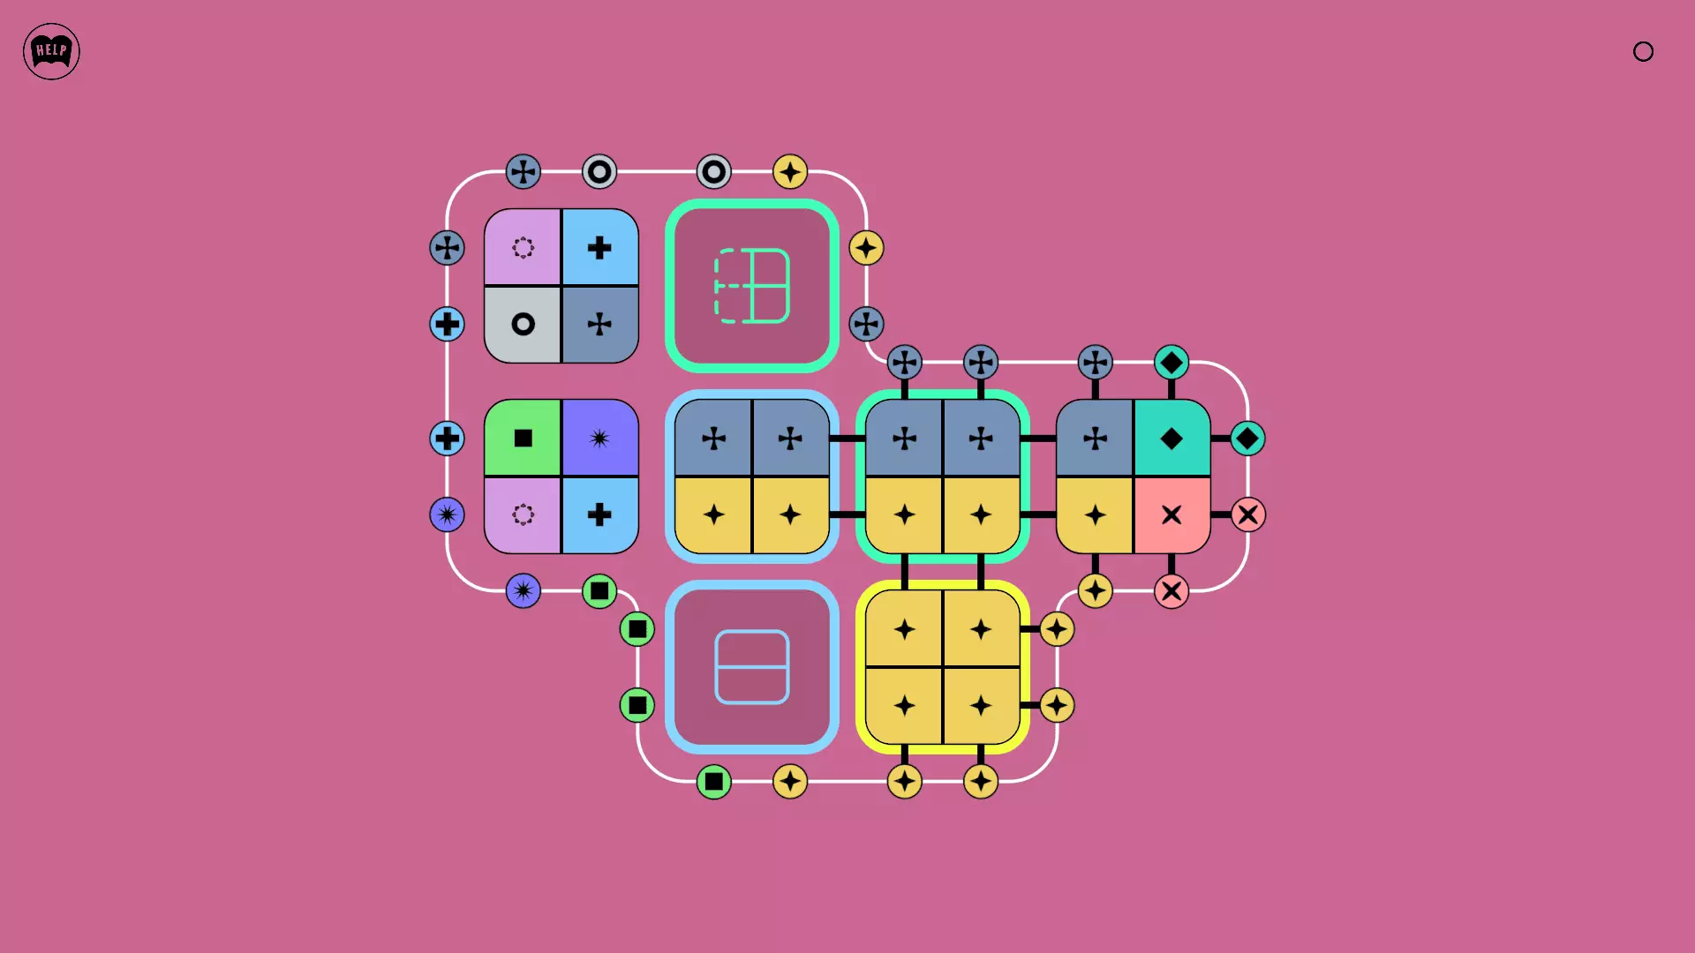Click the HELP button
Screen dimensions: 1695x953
click(x=51, y=51)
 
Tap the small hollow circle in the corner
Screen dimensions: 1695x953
click(x=1643, y=51)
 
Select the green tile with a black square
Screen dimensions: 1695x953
click(x=523, y=438)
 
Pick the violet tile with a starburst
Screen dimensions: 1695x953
click(x=600, y=438)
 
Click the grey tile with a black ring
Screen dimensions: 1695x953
click(x=523, y=325)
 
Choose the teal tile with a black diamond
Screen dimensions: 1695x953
click(x=1171, y=438)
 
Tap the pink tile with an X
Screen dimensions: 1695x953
click(x=1171, y=515)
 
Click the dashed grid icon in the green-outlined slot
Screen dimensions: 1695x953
click(x=751, y=286)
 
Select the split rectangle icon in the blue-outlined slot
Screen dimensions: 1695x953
click(x=751, y=667)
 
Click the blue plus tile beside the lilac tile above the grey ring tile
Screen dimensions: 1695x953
click(x=600, y=247)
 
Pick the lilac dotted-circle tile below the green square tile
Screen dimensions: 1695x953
click(x=523, y=515)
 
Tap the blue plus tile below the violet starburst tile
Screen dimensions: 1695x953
click(x=600, y=515)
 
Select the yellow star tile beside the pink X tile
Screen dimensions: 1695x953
click(x=1095, y=515)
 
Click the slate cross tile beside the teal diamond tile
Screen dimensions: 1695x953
click(x=1095, y=438)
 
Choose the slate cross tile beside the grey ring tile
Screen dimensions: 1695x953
click(x=600, y=325)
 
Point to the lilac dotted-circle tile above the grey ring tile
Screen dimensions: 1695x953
click(x=523, y=247)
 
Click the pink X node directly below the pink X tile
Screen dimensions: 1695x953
click(x=1171, y=591)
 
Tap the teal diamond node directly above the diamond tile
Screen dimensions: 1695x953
click(x=1171, y=362)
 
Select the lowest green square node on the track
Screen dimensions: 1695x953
click(x=713, y=782)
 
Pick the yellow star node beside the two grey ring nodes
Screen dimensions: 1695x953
click(x=790, y=171)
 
